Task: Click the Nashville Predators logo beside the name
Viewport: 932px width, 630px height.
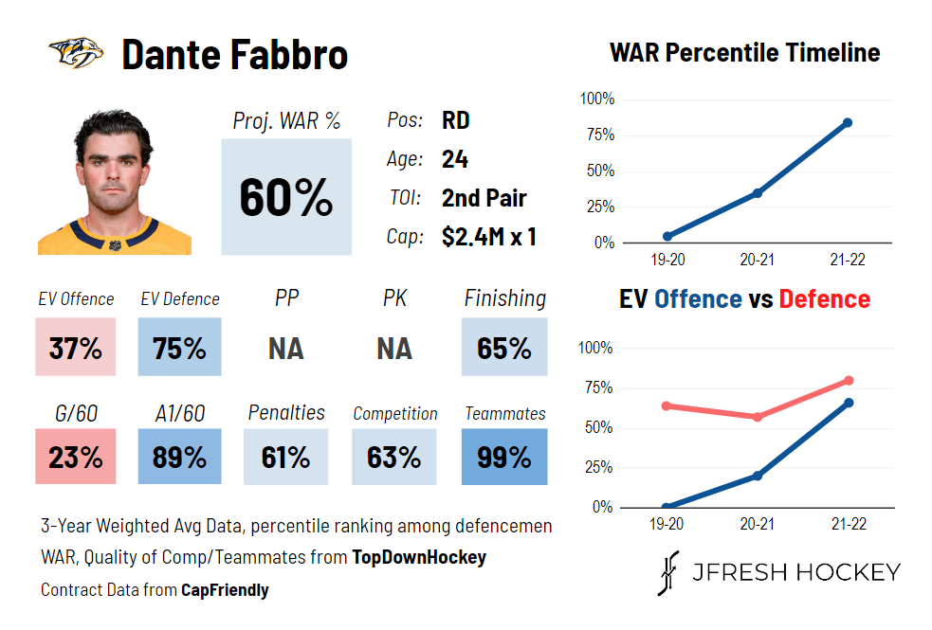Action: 76,53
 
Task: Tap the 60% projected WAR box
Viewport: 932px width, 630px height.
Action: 286,197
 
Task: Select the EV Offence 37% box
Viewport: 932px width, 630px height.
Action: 76,349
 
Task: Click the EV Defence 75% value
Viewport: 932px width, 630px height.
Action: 179,349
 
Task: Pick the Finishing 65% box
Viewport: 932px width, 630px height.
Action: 504,349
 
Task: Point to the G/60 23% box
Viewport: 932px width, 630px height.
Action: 76,458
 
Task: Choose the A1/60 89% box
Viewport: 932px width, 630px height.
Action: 179,458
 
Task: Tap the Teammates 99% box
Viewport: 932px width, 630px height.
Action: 504,458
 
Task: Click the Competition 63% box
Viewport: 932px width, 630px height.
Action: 393,458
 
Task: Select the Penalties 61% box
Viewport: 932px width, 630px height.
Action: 286,458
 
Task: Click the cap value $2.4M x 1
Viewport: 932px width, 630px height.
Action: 489,237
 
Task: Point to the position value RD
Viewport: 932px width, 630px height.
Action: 456,121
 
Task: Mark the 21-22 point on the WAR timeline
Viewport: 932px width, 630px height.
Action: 847,123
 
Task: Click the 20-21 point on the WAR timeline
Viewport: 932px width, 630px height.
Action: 758,193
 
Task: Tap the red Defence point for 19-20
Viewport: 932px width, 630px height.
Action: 667,405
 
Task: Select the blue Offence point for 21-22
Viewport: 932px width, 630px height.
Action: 847,403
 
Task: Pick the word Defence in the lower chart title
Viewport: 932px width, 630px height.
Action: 824,299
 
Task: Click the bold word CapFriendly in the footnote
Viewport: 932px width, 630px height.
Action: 225,590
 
